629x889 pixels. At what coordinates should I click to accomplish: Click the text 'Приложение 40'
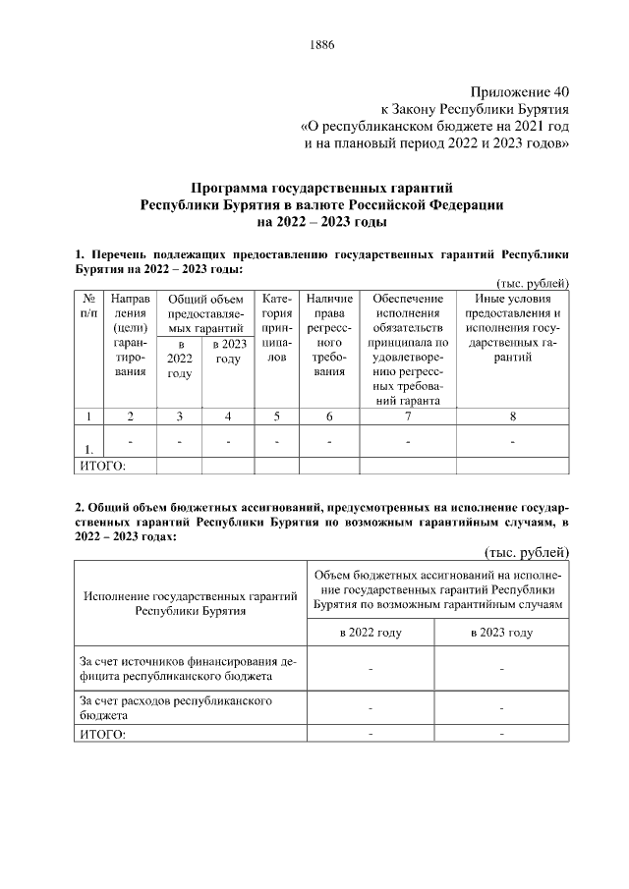(x=519, y=90)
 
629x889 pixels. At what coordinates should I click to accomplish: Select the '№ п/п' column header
(x=89, y=306)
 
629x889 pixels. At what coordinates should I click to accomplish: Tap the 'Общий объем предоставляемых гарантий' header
(x=204, y=313)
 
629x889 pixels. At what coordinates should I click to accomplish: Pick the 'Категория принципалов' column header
(x=276, y=328)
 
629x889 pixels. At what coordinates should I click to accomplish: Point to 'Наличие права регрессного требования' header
(x=329, y=335)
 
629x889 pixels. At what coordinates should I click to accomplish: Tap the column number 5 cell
(x=276, y=416)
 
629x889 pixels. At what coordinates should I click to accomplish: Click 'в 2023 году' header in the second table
(x=501, y=633)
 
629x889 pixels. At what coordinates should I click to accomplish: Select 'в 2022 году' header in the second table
(x=371, y=633)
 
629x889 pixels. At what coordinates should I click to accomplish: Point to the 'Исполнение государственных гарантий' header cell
(x=190, y=602)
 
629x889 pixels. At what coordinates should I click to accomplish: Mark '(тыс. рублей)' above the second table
(x=529, y=551)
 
